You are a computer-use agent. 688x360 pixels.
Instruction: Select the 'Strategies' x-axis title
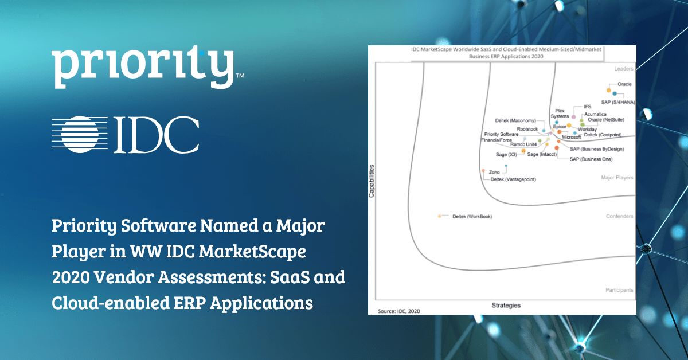(x=505, y=306)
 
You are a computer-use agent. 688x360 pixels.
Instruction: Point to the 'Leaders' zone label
(x=623, y=68)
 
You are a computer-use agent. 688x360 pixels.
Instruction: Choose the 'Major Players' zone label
(x=617, y=178)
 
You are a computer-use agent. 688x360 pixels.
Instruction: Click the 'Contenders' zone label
(x=619, y=216)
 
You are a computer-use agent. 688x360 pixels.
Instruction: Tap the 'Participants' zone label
(x=619, y=290)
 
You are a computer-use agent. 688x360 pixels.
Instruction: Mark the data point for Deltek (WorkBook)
(x=439, y=216)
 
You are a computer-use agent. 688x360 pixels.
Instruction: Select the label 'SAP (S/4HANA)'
(x=617, y=102)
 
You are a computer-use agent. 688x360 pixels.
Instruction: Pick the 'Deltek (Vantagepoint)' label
(x=517, y=179)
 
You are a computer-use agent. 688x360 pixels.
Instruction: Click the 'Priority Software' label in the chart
(x=501, y=134)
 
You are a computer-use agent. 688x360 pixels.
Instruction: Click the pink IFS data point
(x=574, y=117)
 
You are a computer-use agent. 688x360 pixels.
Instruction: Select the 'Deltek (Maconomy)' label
(x=515, y=120)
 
